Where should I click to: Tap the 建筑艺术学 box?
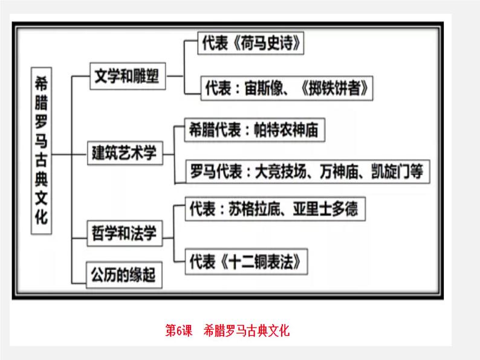(124, 153)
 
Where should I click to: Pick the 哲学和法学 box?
(124, 234)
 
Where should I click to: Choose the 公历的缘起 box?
(124, 276)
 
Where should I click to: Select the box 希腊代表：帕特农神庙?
(253, 129)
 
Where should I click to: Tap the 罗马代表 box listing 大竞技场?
(302, 171)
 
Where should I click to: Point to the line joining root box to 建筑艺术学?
(70, 153)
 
